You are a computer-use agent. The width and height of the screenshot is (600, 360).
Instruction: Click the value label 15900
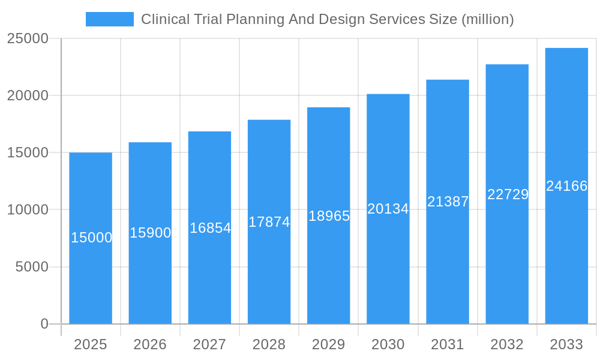coord(151,233)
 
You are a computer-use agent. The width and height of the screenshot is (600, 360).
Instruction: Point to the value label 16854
coord(210,228)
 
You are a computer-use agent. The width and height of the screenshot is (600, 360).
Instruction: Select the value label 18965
coord(329,216)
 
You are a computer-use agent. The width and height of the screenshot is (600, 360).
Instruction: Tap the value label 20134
coord(388,209)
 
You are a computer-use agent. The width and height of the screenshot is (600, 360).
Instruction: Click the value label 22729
coord(508,194)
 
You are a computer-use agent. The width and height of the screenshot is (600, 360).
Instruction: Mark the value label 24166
coord(566,186)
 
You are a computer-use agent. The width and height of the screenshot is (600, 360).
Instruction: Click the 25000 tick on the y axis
coord(28,38)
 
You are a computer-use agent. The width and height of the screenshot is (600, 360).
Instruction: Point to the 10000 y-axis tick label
coord(28,210)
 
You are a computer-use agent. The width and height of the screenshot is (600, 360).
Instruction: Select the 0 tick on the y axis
coord(44,324)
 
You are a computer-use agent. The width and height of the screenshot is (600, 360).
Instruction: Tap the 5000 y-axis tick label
coord(32,267)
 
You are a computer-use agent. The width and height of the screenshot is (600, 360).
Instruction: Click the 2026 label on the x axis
coord(150,344)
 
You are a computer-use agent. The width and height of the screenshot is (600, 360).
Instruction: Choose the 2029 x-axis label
coord(329,344)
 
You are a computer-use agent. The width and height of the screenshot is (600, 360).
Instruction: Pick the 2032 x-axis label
coord(507,344)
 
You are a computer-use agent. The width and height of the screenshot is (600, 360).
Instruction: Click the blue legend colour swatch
coord(110,19)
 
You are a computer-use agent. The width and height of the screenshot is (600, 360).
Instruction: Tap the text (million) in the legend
coord(487,19)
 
